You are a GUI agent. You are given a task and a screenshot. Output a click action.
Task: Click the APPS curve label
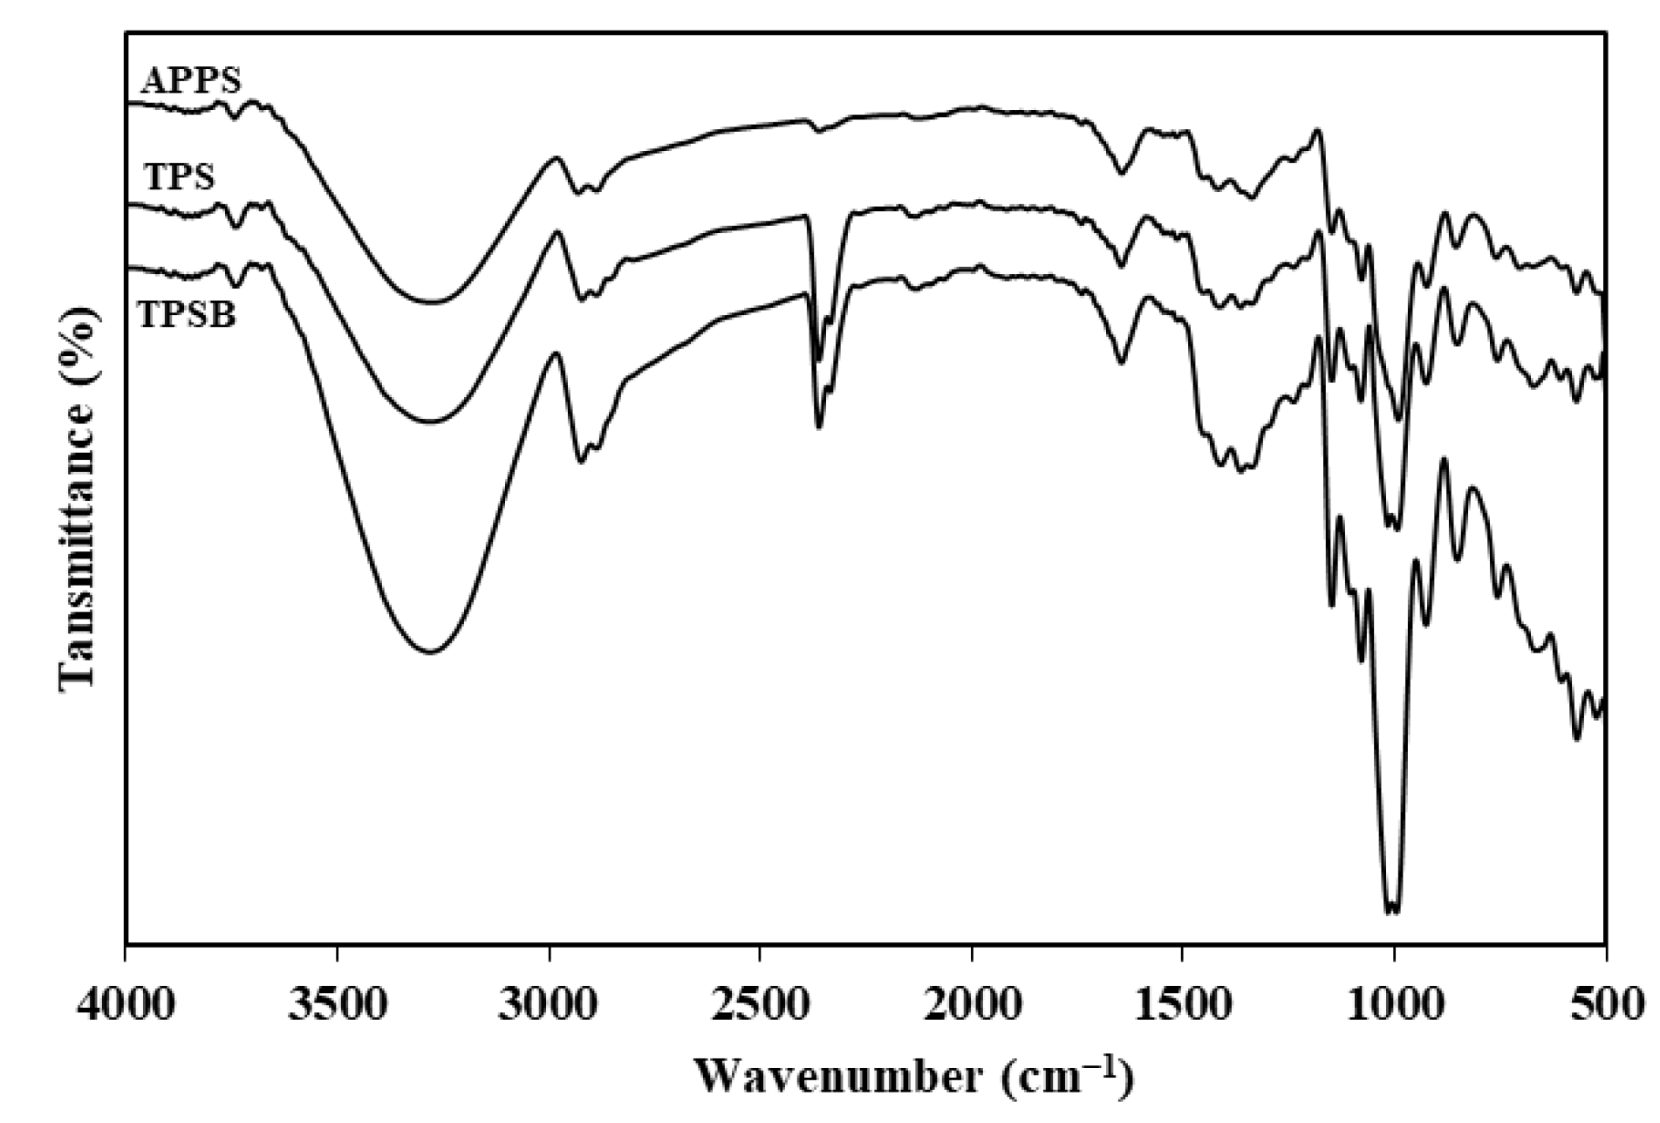tap(191, 81)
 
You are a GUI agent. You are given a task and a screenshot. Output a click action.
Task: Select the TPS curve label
tap(179, 178)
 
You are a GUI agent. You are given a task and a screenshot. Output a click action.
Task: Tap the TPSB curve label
tap(187, 315)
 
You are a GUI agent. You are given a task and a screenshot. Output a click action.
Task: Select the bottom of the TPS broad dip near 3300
tap(430, 422)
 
